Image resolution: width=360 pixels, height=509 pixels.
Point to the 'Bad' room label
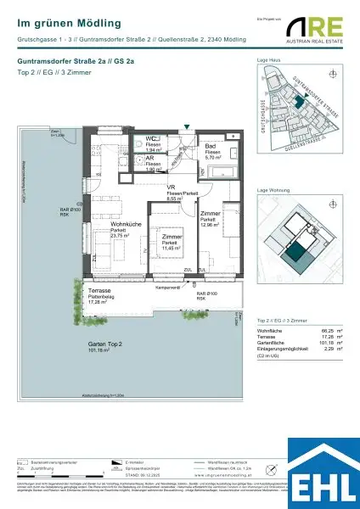point(210,146)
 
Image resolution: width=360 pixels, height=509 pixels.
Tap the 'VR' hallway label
point(171,187)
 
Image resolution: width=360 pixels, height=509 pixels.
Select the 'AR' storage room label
point(150,158)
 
